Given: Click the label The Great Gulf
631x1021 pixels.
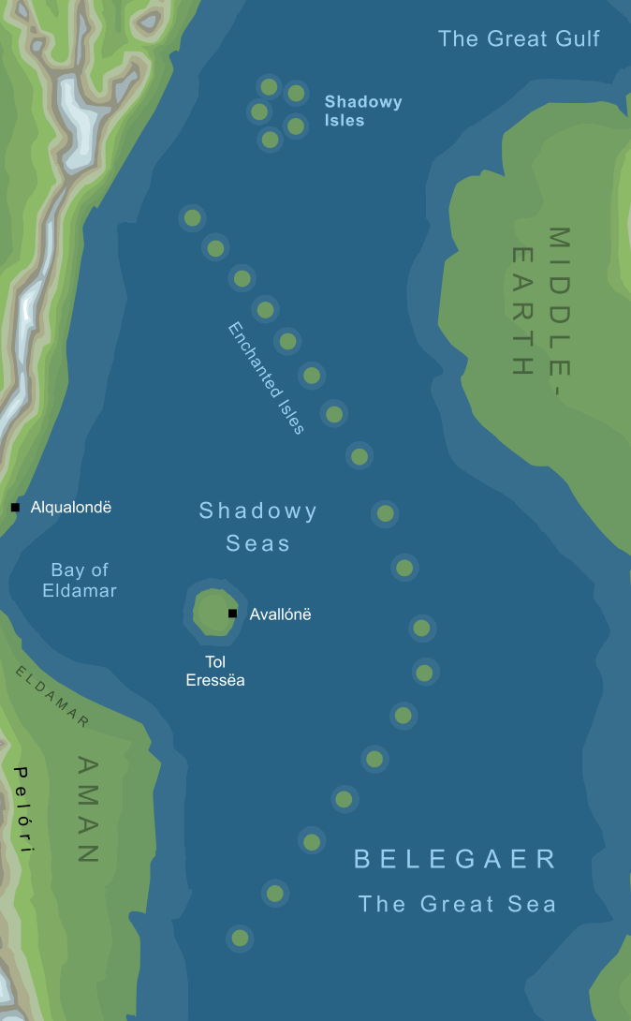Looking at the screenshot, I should [519, 38].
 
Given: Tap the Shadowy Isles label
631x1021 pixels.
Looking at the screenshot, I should [362, 111].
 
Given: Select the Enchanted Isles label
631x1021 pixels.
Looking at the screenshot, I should [267, 377].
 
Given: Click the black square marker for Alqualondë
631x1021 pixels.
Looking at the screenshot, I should [15, 508].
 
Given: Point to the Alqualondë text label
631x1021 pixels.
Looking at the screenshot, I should [71, 508].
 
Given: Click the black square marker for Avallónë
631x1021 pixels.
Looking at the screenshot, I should [232, 614].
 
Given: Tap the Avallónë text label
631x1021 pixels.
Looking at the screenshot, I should [280, 614].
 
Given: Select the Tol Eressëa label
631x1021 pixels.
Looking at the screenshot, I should [215, 671].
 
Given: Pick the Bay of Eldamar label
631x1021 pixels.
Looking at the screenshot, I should [80, 580].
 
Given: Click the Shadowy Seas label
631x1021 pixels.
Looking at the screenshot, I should [258, 526].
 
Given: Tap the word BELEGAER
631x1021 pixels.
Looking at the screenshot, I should [456, 859].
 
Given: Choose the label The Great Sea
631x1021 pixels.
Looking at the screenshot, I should [458, 904].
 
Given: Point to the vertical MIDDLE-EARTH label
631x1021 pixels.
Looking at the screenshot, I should [541, 302].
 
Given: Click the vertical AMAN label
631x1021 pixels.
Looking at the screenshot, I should [86, 808].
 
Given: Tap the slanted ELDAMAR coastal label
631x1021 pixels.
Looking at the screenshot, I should [52, 696].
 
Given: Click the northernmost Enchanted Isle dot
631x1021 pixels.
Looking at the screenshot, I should [192, 218].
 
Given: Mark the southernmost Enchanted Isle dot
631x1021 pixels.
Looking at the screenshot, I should [240, 937].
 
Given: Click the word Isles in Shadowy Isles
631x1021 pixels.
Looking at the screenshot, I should [345, 121].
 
